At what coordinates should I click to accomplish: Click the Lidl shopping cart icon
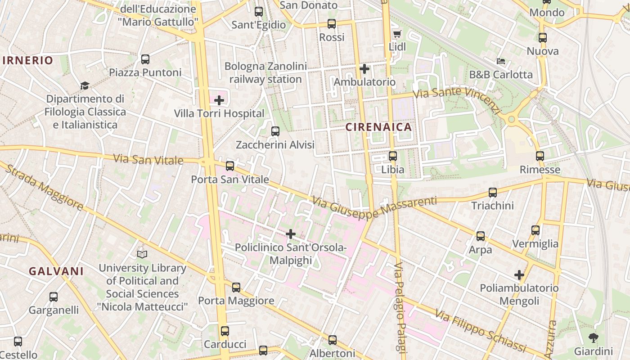(x=397, y=34)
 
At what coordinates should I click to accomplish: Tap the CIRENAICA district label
(x=379, y=127)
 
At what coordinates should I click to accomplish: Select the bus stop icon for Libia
(x=393, y=156)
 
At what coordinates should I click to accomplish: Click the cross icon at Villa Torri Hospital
(x=219, y=100)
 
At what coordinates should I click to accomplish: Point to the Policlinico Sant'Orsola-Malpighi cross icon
(x=291, y=234)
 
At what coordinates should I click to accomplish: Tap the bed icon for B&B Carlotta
(x=501, y=61)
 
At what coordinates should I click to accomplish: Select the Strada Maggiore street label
(x=45, y=189)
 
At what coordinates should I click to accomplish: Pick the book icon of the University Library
(x=142, y=254)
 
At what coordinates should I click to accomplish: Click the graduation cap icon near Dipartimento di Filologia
(x=85, y=85)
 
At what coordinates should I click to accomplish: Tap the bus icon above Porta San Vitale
(x=230, y=166)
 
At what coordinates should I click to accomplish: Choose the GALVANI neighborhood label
(x=56, y=271)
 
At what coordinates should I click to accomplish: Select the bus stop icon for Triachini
(x=493, y=193)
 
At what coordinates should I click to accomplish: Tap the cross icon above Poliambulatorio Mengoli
(x=519, y=274)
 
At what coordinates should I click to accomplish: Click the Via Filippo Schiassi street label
(x=481, y=331)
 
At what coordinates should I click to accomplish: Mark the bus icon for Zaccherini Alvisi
(x=275, y=131)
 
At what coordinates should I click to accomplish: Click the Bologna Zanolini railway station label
(x=265, y=73)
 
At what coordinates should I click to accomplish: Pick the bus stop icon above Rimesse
(x=540, y=156)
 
